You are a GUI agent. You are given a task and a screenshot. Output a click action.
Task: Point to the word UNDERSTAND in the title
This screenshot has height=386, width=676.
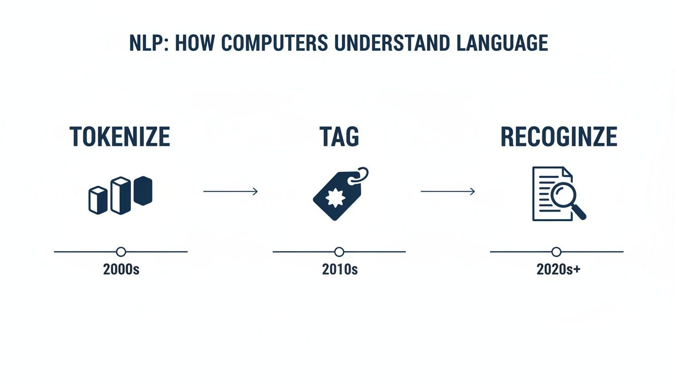[386, 44]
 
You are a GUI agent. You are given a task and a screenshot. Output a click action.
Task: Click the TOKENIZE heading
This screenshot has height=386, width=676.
[120, 137]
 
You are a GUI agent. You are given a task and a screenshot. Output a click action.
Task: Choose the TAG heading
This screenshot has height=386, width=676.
[339, 137]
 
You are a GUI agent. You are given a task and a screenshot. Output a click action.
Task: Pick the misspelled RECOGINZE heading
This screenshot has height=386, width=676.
[558, 137]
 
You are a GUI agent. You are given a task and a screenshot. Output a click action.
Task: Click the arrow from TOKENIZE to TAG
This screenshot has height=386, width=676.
[230, 191]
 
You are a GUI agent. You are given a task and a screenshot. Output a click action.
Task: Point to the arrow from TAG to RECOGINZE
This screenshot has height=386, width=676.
[448, 191]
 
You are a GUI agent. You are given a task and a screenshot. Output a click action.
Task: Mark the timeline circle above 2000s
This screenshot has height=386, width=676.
[121, 252]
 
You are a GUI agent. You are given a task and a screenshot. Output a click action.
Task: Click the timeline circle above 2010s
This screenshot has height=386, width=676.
[339, 252]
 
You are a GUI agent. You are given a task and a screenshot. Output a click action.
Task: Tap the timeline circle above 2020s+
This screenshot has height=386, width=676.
[556, 252]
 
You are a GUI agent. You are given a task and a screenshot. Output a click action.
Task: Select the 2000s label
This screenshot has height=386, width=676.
[121, 269]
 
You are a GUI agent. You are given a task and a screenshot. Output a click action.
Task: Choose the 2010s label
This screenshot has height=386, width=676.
[340, 269]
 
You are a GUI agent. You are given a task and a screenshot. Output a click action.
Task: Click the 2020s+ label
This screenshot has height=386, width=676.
[558, 269]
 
